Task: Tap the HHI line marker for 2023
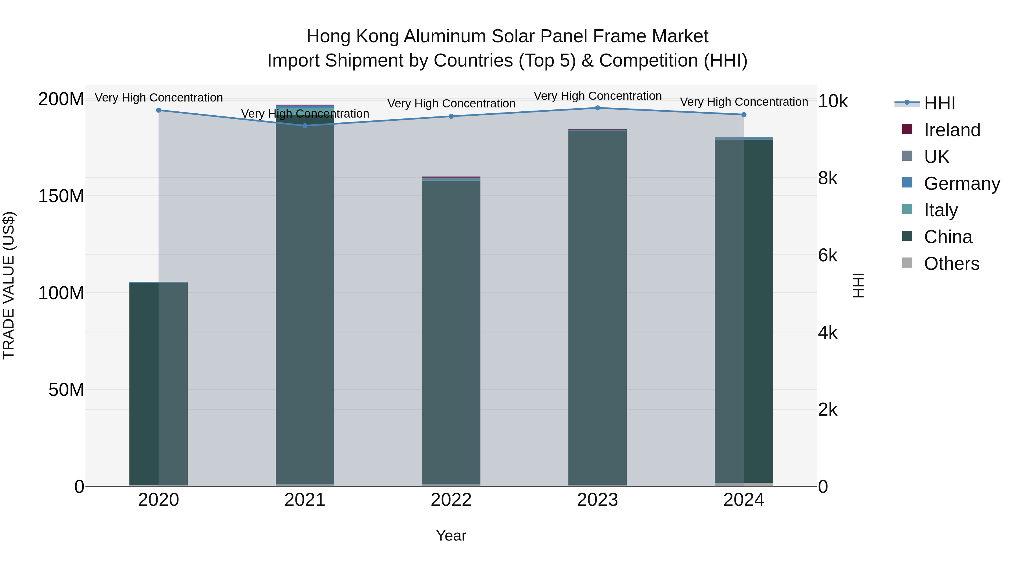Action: coord(597,108)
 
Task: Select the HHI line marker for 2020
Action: coord(158,110)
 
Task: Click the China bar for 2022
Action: coord(451,331)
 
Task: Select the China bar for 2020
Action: coord(158,382)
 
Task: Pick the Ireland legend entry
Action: coord(952,130)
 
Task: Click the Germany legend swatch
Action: coord(907,183)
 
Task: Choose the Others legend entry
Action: coord(951,264)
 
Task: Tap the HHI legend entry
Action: coord(939,103)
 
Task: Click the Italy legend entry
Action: coord(941,210)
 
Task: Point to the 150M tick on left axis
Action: coord(61,196)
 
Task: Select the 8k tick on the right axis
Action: coord(828,178)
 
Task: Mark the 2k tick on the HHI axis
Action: coord(828,410)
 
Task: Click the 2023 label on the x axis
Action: coord(597,500)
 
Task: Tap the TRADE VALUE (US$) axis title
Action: coord(9,285)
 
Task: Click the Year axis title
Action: coord(451,535)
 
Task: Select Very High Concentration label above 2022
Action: coord(451,104)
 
